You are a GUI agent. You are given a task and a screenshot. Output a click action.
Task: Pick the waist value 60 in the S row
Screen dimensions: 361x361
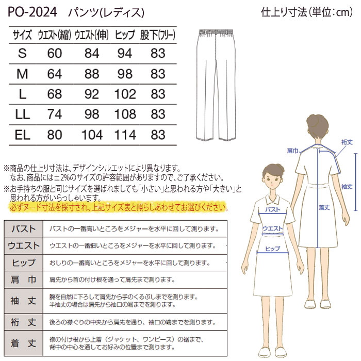click(54, 53)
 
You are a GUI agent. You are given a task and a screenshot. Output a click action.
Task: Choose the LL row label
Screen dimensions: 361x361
click(22, 114)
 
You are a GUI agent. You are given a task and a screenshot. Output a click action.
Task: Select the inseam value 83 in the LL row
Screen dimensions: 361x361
click(158, 114)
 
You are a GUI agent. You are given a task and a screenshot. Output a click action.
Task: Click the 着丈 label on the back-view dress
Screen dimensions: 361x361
click(324, 207)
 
